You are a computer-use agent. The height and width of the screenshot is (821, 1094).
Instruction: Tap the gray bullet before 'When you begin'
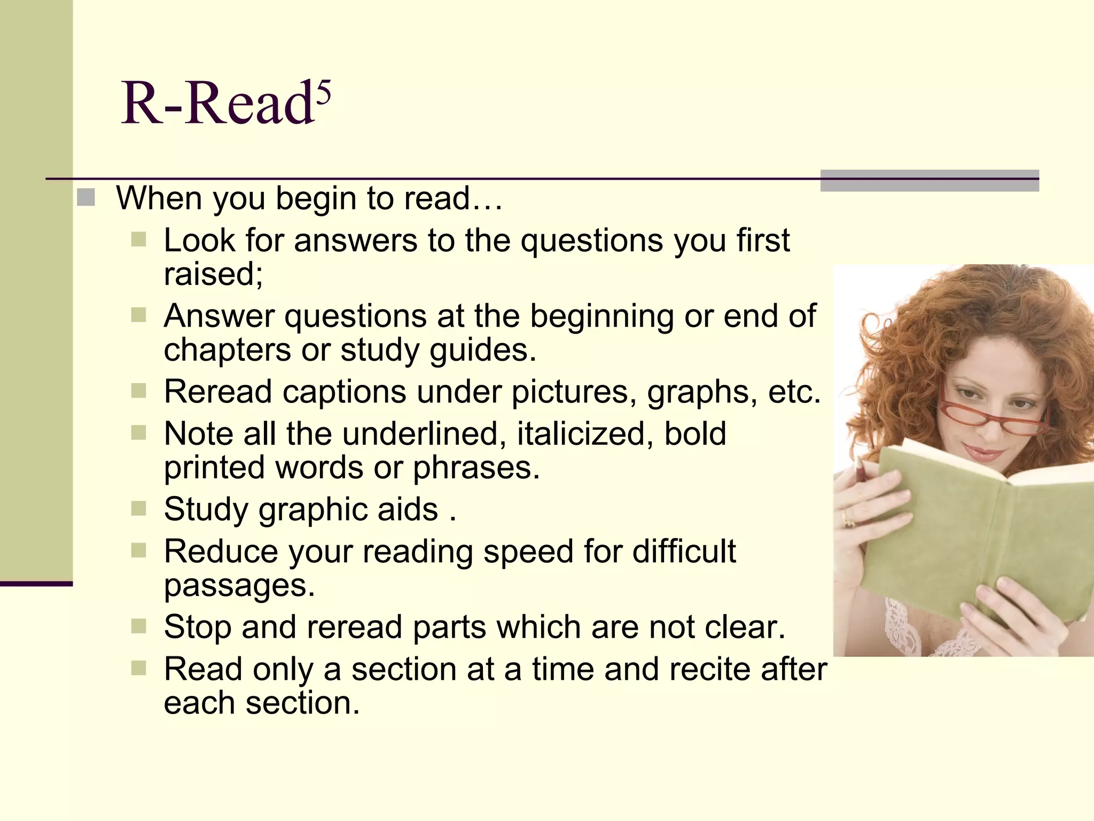[85, 198]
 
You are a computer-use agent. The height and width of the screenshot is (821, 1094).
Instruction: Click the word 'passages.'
[239, 586]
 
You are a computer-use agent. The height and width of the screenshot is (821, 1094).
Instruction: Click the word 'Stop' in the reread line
[197, 627]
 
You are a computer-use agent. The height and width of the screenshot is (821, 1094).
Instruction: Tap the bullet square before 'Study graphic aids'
[138, 508]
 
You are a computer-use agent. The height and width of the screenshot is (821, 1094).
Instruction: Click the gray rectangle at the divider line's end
[929, 181]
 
